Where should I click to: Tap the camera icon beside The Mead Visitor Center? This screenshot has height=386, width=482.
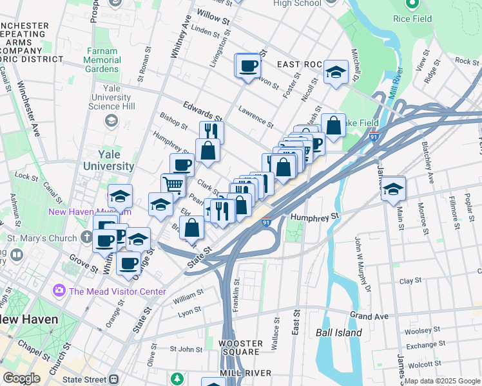pyautogui.click(x=60, y=291)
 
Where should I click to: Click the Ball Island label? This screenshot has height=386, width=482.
pyautogui.click(x=338, y=333)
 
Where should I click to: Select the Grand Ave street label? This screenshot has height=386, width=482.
pyautogui.click(x=369, y=316)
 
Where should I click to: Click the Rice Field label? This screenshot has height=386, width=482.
pyautogui.click(x=412, y=19)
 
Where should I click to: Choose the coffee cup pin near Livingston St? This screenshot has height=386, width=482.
pyautogui.click(x=247, y=66)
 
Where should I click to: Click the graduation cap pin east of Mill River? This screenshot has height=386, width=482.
pyautogui.click(x=392, y=190)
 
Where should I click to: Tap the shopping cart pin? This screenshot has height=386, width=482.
pyautogui.click(x=173, y=185)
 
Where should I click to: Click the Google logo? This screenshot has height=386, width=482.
pyautogui.click(x=21, y=378)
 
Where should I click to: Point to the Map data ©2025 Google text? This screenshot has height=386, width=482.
pyautogui.click(x=442, y=381)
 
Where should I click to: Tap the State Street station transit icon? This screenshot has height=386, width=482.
pyautogui.click(x=115, y=380)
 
